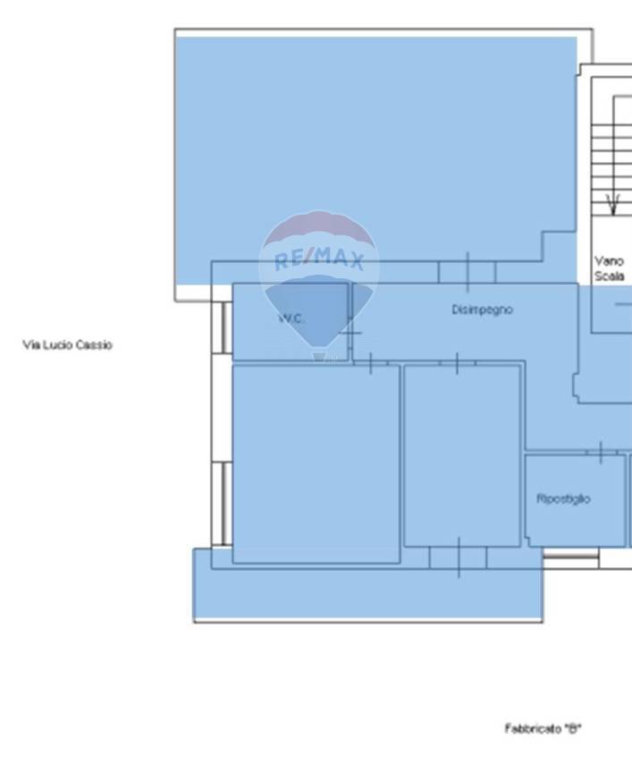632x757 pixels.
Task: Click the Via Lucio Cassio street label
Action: coord(68,344)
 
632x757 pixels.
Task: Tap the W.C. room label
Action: coord(291,319)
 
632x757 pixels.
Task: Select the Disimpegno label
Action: coord(482,310)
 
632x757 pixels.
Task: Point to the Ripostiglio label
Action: coord(563,498)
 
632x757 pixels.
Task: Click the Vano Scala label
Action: coord(610,268)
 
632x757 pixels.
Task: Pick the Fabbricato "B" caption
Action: coord(544,728)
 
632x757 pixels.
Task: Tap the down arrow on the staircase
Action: coord(612,205)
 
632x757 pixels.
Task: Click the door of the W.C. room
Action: coord(350,333)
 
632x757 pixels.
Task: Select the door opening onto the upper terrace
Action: coord(467,272)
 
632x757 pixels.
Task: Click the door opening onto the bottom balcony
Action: coord(459,557)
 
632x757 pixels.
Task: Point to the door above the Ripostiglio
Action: coord(601,453)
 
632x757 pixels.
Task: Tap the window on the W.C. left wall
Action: coord(222,327)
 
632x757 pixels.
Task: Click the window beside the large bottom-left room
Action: coord(222,504)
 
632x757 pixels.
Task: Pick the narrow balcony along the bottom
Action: coord(367,594)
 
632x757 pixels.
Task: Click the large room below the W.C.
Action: coord(316,464)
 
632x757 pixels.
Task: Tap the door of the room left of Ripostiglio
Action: coord(458,363)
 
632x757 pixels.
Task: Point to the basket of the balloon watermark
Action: coord(318,357)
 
